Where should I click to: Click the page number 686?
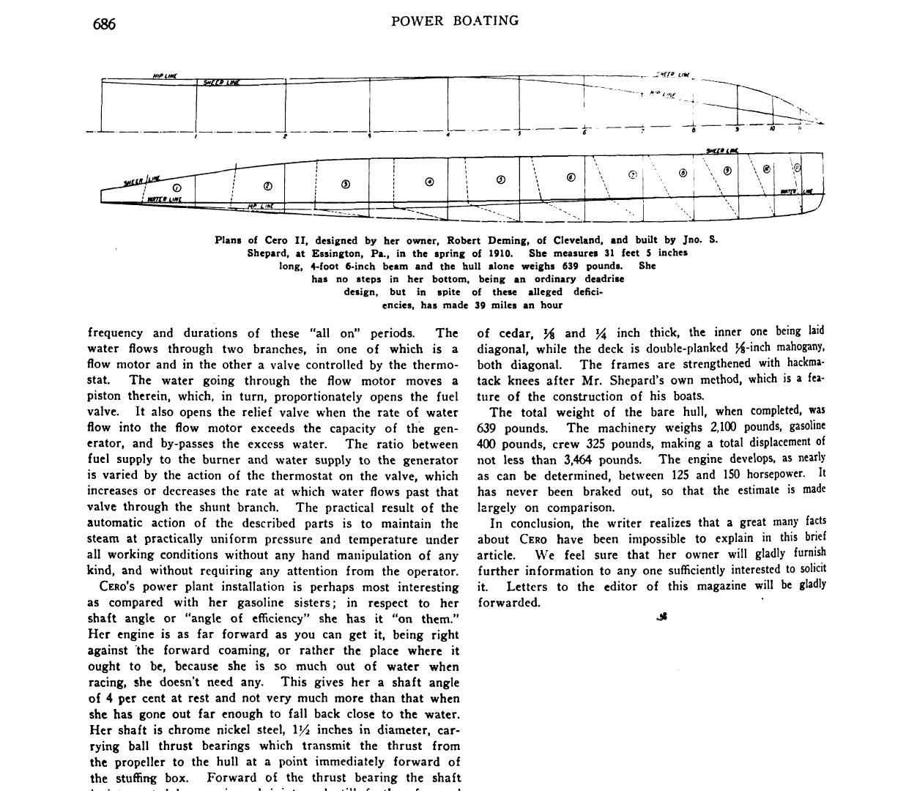104,23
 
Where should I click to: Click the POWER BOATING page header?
455,21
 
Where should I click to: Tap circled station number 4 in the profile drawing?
429,182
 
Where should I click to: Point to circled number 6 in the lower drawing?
571,177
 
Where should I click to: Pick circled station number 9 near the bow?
727,171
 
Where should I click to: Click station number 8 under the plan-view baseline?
694,130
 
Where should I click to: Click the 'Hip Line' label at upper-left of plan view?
163,75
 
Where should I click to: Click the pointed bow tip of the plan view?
823,124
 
